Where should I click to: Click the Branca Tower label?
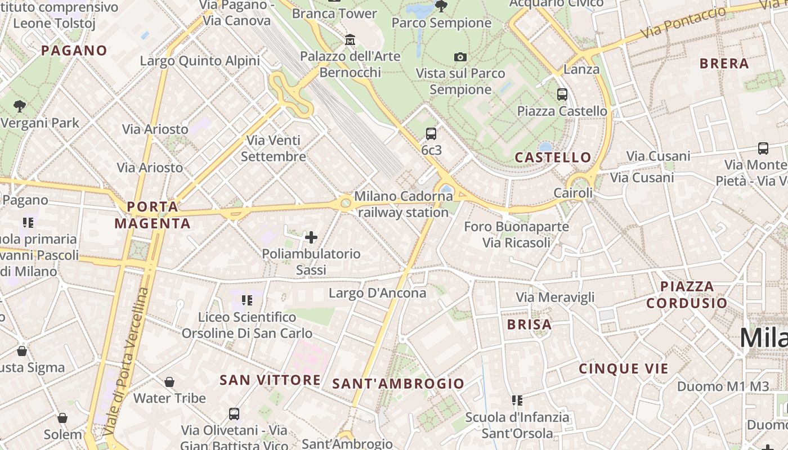click(334, 13)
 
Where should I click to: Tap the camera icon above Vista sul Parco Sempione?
click(460, 57)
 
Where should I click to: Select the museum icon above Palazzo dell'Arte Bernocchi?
click(350, 39)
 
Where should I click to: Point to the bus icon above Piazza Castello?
click(562, 94)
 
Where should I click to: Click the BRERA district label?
click(724, 64)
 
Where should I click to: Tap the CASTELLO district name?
click(553, 157)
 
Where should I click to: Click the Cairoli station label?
click(573, 193)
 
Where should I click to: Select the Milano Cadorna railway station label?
click(403, 205)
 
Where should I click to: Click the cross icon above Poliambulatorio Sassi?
click(311, 237)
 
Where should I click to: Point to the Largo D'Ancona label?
click(378, 293)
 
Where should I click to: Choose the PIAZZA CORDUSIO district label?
click(687, 295)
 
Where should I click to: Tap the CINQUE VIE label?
click(624, 369)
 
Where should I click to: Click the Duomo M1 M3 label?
click(723, 386)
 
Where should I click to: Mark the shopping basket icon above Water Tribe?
click(169, 382)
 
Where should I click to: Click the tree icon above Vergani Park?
click(20, 106)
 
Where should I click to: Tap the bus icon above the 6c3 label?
click(431, 134)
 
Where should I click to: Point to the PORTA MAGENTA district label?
click(153, 215)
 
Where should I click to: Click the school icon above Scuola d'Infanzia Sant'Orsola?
click(517, 400)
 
